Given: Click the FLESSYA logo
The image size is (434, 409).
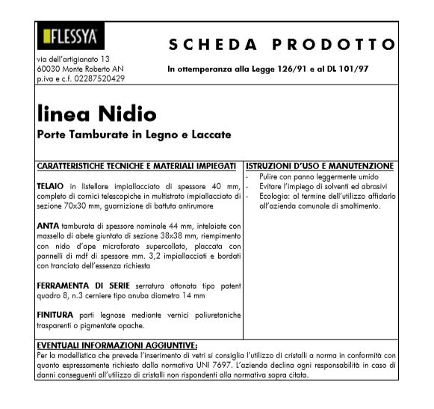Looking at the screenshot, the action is point(69,38).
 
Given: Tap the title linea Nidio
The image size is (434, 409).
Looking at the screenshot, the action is point(96,114).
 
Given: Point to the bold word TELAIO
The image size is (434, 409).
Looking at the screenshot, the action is point(50,184).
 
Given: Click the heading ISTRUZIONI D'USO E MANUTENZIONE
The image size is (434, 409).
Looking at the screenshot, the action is point(320,165).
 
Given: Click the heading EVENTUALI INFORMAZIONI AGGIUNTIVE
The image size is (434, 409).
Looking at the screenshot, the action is point(116,345).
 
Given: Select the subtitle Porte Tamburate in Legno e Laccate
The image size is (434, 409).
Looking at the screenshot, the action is point(134,135).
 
